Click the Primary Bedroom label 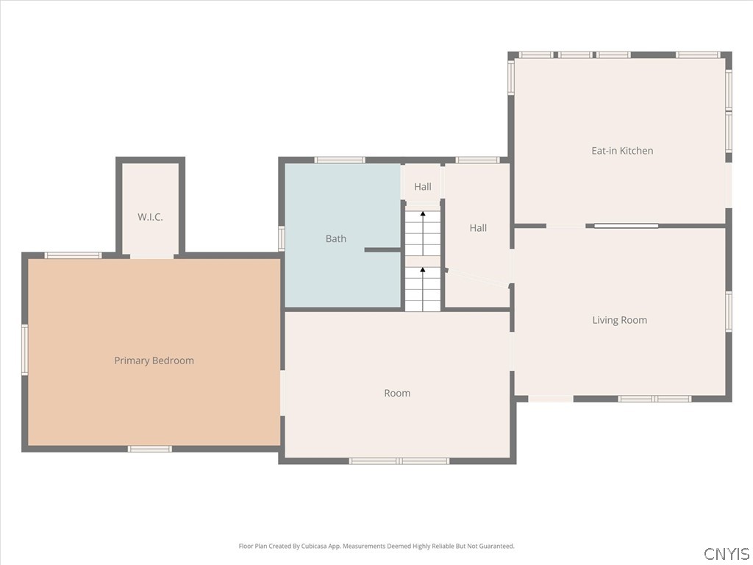[154, 360]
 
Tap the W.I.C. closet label [150, 217]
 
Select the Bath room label [335, 238]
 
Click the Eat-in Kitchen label [622, 150]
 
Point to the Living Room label [619, 320]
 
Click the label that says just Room [397, 393]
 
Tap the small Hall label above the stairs [423, 186]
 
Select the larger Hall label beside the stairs [478, 228]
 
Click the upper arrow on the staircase [423, 233]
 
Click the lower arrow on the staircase [423, 289]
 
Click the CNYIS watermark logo [727, 553]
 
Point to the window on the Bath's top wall [340, 160]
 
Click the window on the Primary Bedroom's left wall [24, 349]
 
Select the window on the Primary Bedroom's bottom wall [150, 449]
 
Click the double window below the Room [399, 461]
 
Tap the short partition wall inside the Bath [382, 250]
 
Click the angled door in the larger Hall [477, 278]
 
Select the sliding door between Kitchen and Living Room [627, 225]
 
